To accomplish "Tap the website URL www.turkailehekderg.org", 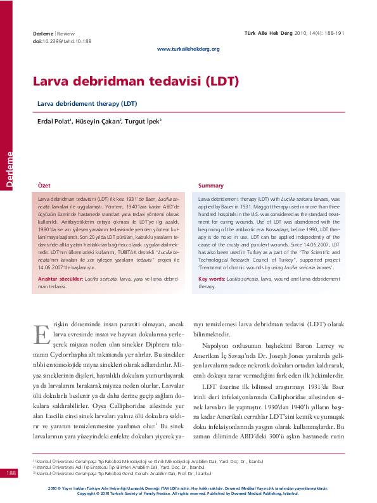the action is pos(188,49).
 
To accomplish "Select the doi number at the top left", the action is pos(61,41).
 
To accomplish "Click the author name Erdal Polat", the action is pos(53,120).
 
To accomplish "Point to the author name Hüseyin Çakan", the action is pos(98,120).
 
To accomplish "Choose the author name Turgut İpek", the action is pos(143,120).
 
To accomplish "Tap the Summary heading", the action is pos(211,186).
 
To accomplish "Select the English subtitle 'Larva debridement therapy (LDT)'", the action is pos(87,103).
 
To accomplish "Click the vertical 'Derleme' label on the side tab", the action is pos(9,168).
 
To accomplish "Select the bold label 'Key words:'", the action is pos(212,279).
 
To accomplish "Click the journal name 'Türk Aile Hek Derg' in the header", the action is pos(267,32).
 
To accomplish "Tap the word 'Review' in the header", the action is pos(66,32).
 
